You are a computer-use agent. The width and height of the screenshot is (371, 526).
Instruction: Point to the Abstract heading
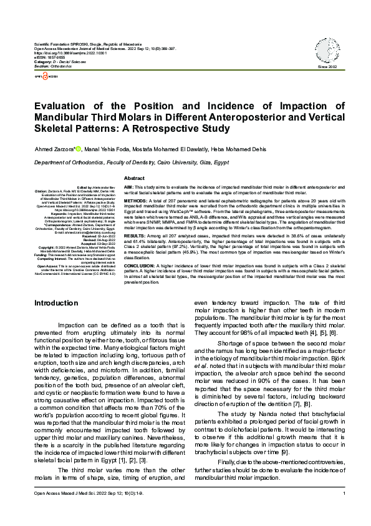pyautogui.click(x=135, y=178)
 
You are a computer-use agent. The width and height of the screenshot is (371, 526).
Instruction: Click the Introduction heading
pyautogui.click(x=56, y=303)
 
